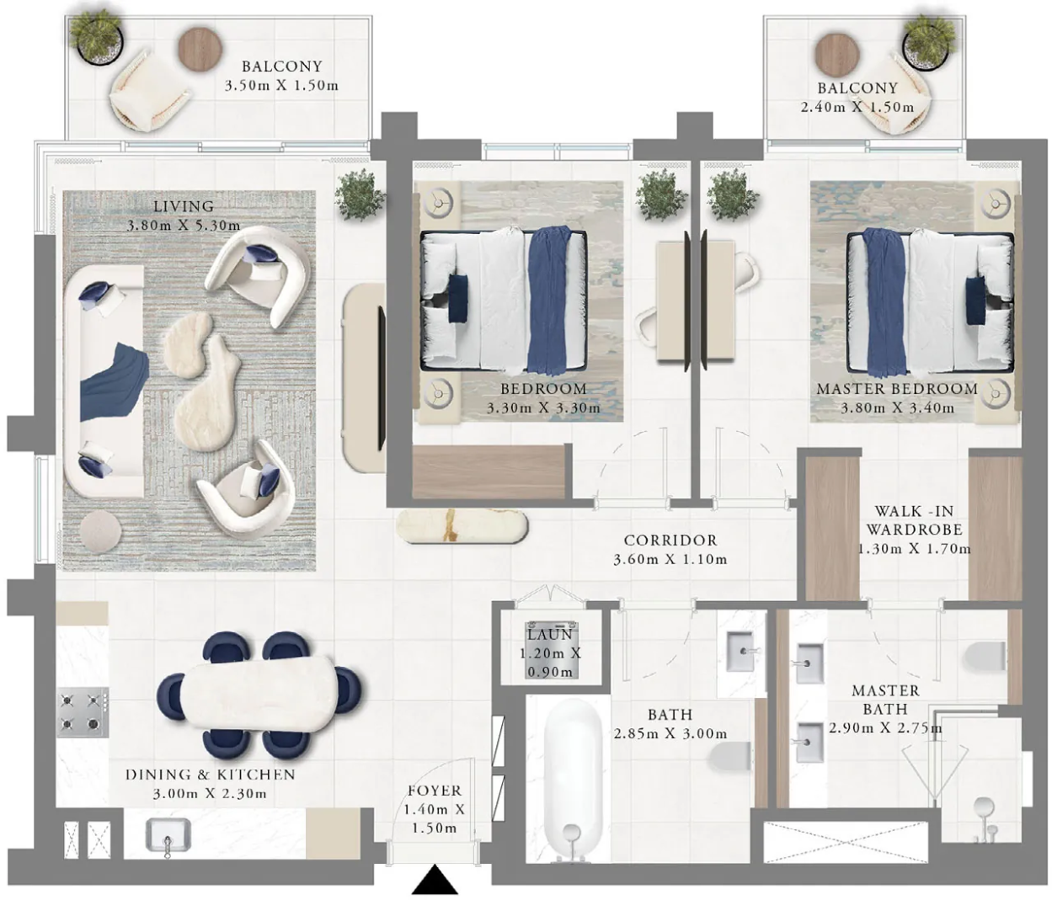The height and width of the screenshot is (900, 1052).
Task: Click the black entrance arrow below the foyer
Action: pyautogui.click(x=435, y=879)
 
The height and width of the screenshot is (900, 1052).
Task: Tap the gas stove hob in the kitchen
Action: pyautogui.click(x=83, y=712)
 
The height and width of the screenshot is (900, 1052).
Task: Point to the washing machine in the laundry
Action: pyautogui.click(x=551, y=650)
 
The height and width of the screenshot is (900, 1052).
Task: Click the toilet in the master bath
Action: pyautogui.click(x=985, y=657)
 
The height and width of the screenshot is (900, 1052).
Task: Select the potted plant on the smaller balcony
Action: pyautogui.click(x=927, y=42)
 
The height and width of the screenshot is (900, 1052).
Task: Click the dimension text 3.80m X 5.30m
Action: pyautogui.click(x=184, y=225)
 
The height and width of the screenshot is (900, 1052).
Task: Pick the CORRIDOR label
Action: pyautogui.click(x=670, y=540)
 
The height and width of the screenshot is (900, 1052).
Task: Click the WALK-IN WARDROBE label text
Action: pyautogui.click(x=914, y=520)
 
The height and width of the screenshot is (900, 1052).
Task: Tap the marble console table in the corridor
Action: pyautogui.click(x=462, y=525)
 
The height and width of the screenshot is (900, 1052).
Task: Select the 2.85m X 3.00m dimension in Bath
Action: pyautogui.click(x=670, y=733)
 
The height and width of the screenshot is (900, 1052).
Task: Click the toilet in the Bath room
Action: pyautogui.click(x=729, y=757)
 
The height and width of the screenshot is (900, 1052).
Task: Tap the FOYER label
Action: pyautogui.click(x=434, y=791)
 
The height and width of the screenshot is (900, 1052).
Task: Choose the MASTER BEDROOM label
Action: pyautogui.click(x=897, y=389)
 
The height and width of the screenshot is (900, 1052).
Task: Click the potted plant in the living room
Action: pyautogui.click(x=359, y=194)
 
